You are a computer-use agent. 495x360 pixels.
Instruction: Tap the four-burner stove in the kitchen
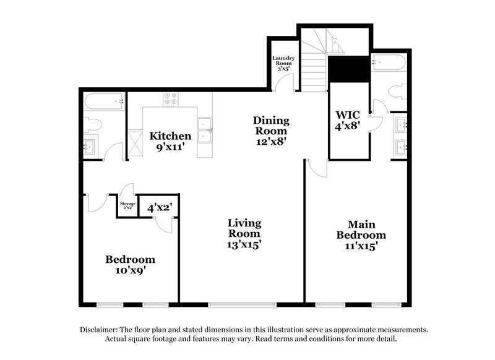171,99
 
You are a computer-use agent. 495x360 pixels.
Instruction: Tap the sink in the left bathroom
90,147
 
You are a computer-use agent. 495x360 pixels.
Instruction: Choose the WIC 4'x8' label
347,121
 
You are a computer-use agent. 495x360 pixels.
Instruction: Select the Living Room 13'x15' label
244,233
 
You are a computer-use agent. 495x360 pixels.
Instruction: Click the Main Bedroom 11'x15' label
361,234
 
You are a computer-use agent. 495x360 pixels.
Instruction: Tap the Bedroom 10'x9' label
129,264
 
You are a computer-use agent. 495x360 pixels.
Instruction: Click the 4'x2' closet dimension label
159,208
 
